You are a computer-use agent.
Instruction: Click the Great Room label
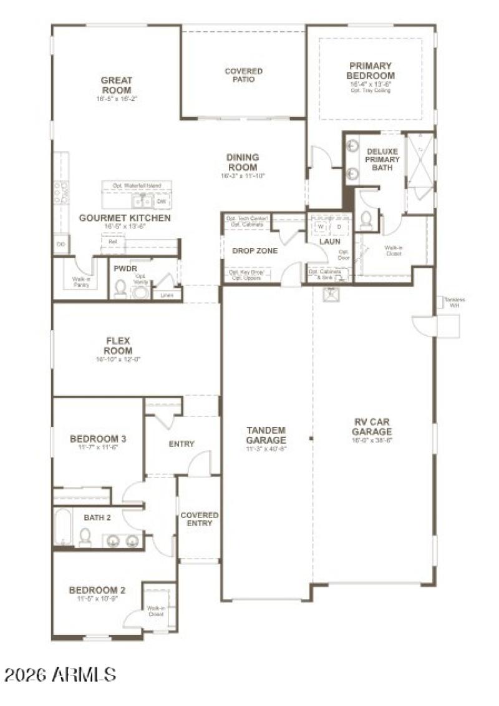point(117,86)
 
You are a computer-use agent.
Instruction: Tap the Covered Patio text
point(243,76)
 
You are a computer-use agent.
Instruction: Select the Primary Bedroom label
point(371,71)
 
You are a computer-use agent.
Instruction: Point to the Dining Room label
point(243,162)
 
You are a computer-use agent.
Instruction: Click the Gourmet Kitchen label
point(125,218)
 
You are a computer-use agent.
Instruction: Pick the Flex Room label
point(118,345)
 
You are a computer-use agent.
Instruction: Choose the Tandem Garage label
point(266,435)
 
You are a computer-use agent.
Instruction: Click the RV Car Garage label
point(371,427)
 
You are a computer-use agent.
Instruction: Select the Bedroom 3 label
point(98,439)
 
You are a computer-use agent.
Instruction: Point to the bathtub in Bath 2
point(63,528)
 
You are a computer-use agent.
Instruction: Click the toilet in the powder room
point(121,288)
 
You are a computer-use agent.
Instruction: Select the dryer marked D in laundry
point(339,227)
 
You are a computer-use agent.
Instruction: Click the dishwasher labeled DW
point(161,202)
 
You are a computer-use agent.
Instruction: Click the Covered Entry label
point(200,519)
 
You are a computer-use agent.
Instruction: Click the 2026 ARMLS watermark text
point(61,674)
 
